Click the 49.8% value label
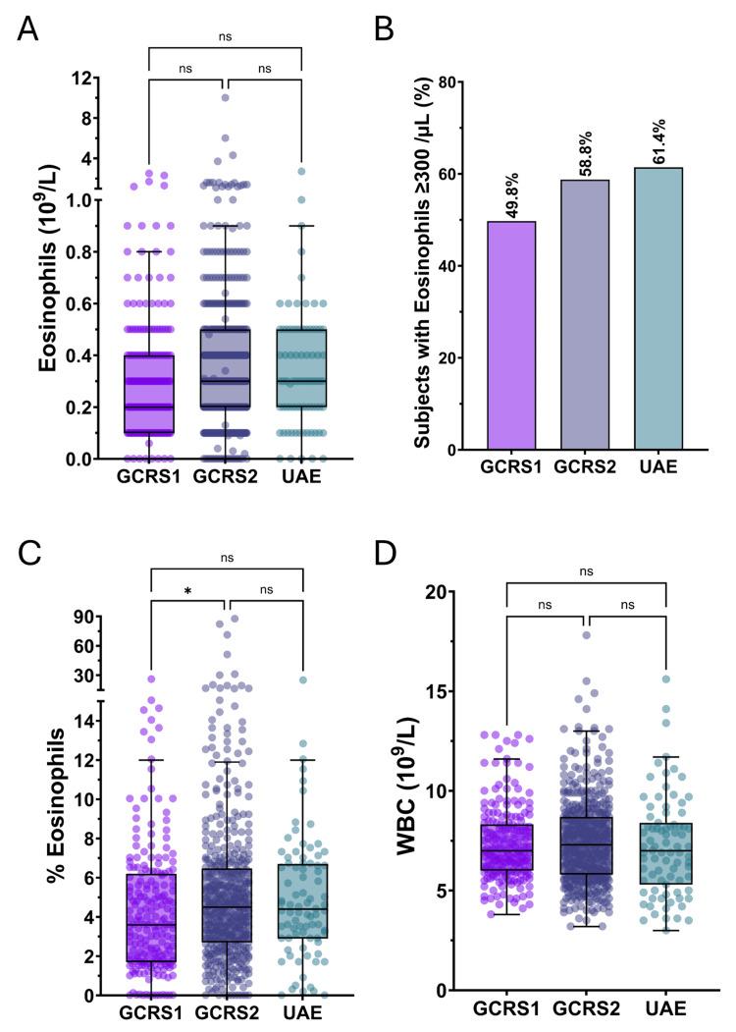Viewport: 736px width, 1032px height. point(510,193)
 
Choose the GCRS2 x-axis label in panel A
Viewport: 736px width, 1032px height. point(226,478)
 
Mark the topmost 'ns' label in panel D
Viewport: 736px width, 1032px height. point(586,570)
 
